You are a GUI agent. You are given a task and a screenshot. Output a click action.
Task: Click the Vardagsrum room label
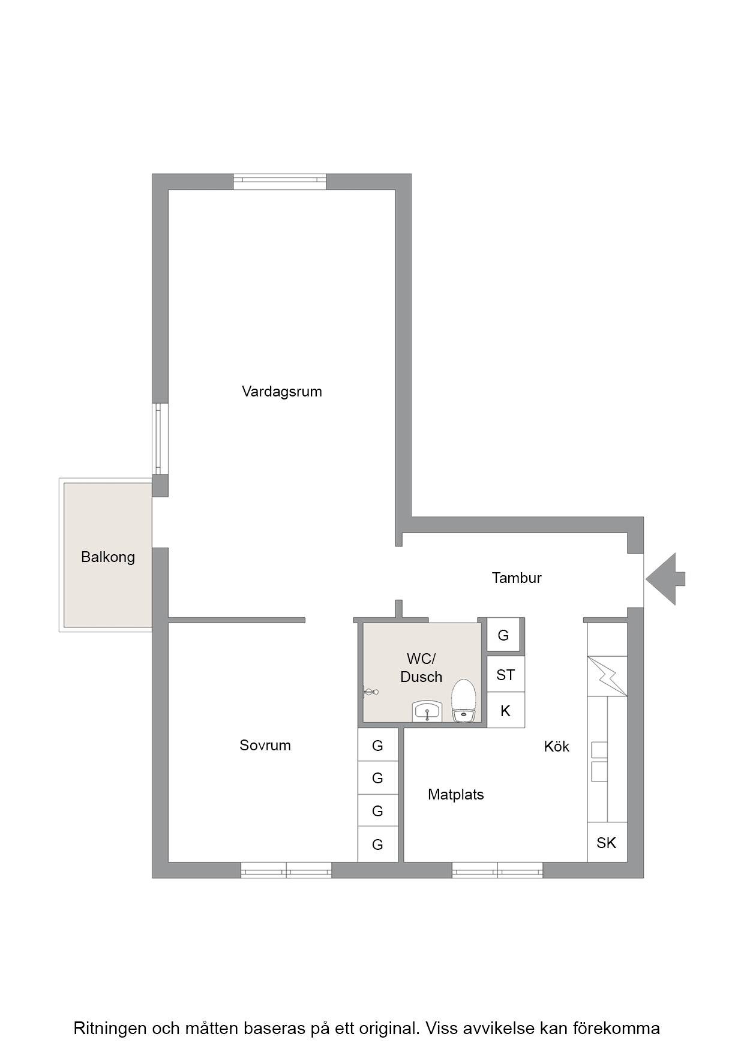point(281,392)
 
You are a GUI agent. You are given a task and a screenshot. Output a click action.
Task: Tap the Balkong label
point(108,557)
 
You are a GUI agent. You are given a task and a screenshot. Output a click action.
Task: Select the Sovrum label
point(265,745)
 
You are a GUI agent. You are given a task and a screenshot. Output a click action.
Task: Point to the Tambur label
point(517,578)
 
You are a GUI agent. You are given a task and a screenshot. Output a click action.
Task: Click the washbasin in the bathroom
point(427,711)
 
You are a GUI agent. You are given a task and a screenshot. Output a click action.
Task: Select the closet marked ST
point(506,675)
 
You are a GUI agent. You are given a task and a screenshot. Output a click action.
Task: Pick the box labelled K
point(506,711)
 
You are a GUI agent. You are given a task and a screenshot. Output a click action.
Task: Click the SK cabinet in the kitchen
point(607,842)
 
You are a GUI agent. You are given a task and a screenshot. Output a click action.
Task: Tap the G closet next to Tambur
point(503,635)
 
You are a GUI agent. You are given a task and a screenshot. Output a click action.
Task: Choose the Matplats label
point(456,794)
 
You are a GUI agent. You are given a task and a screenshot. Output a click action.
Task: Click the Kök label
point(557,746)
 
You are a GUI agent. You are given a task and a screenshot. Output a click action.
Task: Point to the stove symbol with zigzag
point(607,676)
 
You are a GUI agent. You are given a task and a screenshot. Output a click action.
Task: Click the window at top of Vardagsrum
point(280,182)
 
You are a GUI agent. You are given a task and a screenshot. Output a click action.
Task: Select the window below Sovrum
point(286,870)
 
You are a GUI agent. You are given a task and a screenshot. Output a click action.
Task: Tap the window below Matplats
point(497,870)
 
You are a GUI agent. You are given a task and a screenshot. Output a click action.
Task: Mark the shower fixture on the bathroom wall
point(370,692)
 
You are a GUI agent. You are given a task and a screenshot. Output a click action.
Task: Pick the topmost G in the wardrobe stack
point(378,745)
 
